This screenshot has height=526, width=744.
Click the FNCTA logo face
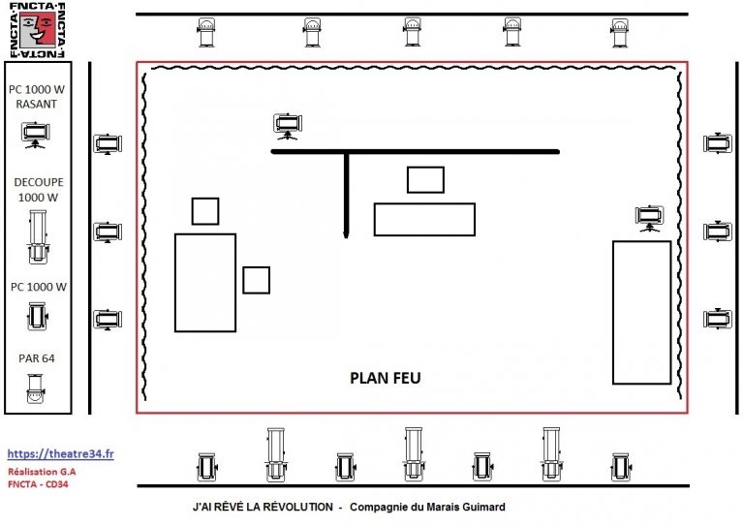pos(38,30)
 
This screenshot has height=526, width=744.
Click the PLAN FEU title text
pos(386,378)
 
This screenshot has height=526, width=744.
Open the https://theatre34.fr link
pos(60,454)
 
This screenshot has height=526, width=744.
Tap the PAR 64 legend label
pos(37,358)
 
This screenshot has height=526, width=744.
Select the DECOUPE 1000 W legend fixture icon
pos(38,237)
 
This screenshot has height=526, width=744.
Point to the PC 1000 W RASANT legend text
pos(37,96)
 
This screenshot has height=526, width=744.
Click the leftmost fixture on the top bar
pos(206,32)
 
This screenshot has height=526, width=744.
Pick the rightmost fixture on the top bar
pos(620,32)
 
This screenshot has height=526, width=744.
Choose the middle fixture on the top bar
pos(413,32)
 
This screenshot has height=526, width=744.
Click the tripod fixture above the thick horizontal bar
pos(288,126)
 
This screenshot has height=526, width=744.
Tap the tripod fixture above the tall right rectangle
pos(650,218)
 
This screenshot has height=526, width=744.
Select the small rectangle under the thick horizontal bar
pos(425,180)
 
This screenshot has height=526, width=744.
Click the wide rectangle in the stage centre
pos(424,219)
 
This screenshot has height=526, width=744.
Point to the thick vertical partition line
pos(347,195)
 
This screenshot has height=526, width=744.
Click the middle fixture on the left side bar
pos(108,232)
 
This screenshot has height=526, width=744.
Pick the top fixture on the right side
pos(718,143)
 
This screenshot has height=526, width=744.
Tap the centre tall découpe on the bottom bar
pos(414,454)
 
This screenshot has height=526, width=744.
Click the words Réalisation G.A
pos(42,472)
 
